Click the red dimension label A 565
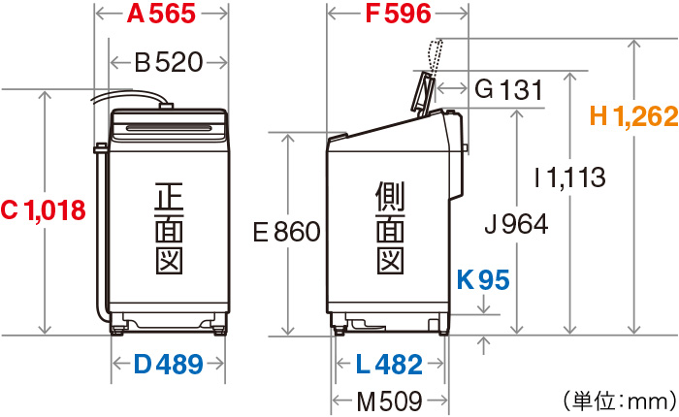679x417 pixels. point(161,14)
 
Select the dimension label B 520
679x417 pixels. point(169,62)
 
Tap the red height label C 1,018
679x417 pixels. point(44,210)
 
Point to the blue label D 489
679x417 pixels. point(168,365)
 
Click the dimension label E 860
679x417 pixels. point(287,232)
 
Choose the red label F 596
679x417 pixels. point(398,14)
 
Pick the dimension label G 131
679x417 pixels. point(508,89)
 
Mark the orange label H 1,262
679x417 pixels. point(634,116)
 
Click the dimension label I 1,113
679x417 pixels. point(570,178)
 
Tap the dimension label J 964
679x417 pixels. point(516,224)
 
